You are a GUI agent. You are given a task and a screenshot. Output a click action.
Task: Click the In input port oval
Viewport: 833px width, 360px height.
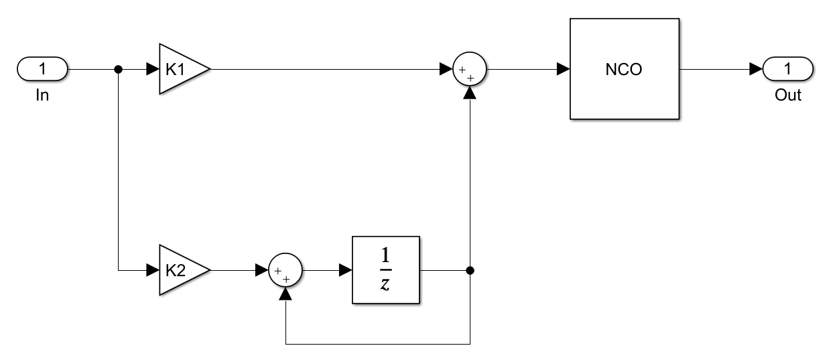[x=43, y=68]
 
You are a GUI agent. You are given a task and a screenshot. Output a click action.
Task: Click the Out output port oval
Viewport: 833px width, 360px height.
[x=788, y=68]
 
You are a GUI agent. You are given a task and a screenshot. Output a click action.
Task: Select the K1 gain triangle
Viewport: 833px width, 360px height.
[x=180, y=68]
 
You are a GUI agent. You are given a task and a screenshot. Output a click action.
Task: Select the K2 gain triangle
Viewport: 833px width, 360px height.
[x=180, y=271]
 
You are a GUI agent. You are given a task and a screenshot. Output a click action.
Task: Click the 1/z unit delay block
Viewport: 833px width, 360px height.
[x=385, y=271]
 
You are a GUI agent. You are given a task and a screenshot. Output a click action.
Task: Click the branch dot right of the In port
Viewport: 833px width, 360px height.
[x=119, y=68]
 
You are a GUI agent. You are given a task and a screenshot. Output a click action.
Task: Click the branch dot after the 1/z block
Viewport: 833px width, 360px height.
[x=470, y=271]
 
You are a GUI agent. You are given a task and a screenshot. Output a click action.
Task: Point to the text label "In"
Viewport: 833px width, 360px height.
[x=43, y=95]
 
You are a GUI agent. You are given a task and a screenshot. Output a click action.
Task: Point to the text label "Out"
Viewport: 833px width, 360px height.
[x=788, y=95]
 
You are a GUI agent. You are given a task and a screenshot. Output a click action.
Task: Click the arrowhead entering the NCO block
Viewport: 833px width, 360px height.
[x=563, y=68]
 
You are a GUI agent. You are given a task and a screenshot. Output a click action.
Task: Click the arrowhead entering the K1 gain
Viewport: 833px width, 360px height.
[x=152, y=68]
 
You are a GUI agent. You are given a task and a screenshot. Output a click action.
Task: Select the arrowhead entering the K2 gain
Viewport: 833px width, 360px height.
[x=152, y=271]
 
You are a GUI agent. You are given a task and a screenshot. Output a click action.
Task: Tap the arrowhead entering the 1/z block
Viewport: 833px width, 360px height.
[x=345, y=271]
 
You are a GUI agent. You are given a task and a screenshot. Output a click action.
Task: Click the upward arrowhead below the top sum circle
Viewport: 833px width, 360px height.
[x=470, y=92]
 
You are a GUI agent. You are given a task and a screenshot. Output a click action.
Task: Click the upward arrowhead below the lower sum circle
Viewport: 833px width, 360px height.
[x=287, y=294]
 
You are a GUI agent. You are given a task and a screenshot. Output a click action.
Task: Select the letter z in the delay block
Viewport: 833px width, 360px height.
[x=385, y=284]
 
